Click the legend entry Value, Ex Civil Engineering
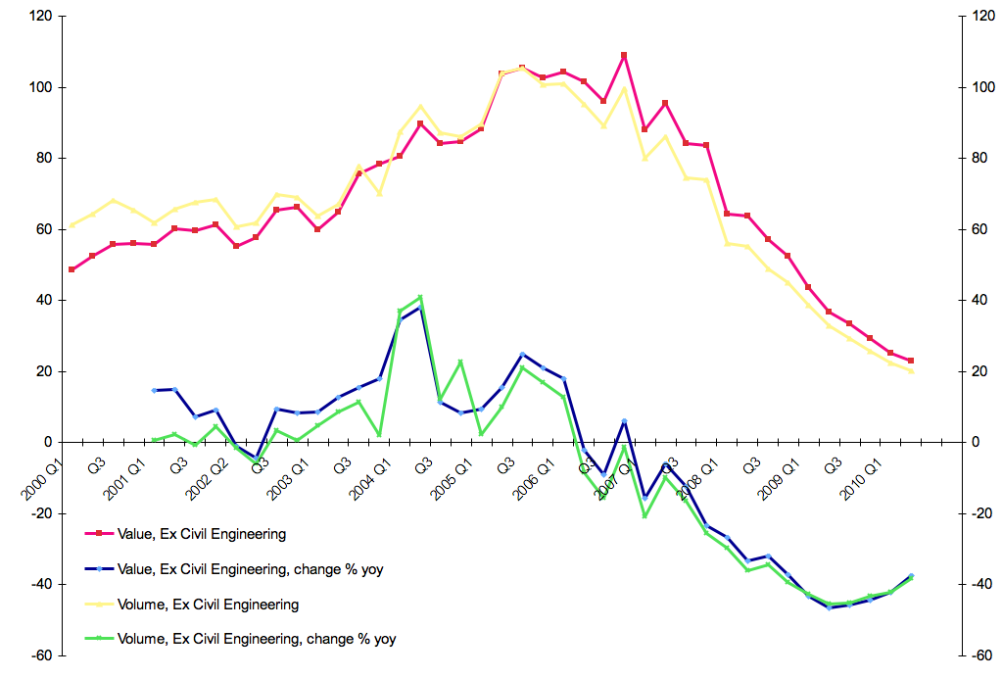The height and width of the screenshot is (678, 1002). (201, 534)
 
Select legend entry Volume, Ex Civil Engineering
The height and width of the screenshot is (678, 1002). (208, 605)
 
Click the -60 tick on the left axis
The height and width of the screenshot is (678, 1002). (41, 655)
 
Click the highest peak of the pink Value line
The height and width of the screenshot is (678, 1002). (624, 55)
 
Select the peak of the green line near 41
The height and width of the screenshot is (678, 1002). (420, 297)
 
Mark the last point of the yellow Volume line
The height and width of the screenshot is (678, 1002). (911, 371)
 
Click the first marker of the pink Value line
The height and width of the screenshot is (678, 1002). (72, 269)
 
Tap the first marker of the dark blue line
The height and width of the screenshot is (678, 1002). (154, 390)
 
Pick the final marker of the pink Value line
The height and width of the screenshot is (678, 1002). (911, 361)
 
